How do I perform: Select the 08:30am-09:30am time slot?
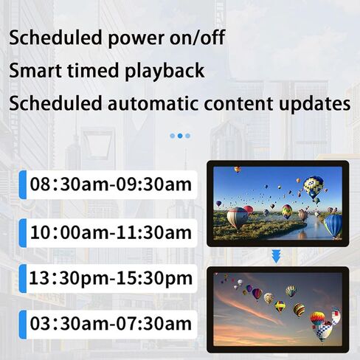click(111, 185)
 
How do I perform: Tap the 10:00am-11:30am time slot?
click(111, 232)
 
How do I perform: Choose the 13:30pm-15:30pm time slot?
click(111, 279)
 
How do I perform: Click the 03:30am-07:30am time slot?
click(111, 323)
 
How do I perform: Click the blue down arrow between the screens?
click(277, 255)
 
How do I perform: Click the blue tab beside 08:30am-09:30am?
click(23, 185)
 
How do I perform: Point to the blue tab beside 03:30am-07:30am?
click(23, 323)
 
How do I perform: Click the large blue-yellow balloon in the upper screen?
click(314, 185)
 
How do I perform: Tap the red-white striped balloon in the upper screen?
click(238, 216)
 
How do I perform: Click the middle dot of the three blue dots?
click(180, 136)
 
